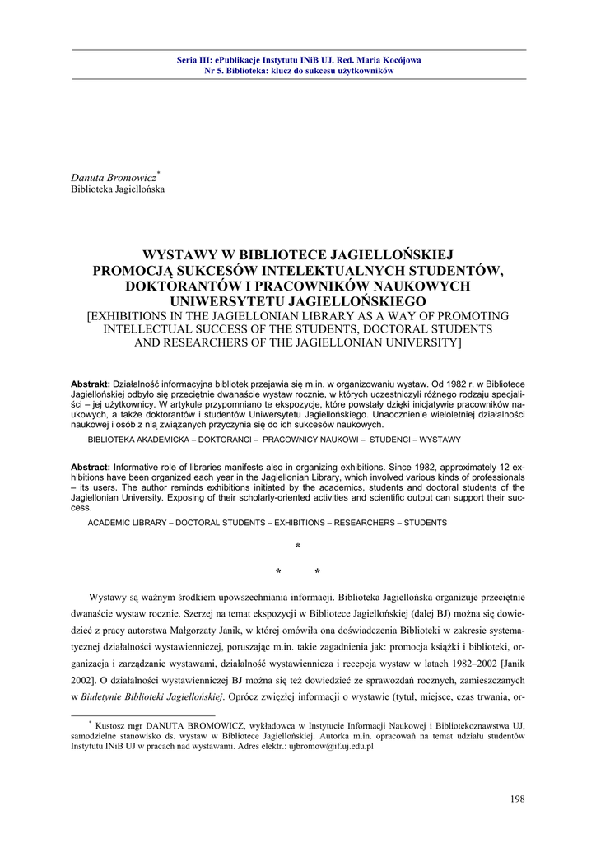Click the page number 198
(x=517, y=798)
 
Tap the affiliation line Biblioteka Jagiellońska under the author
(x=118, y=189)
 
